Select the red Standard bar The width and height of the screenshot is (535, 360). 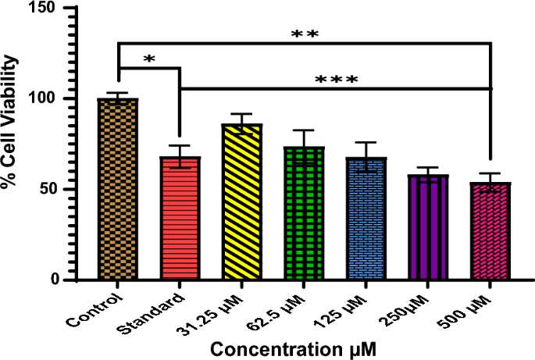180,219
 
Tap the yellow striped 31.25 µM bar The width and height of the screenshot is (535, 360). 241,202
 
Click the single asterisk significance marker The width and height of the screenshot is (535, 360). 149,59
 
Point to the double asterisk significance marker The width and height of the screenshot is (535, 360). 305,34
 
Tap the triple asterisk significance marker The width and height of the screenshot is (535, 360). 336,80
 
